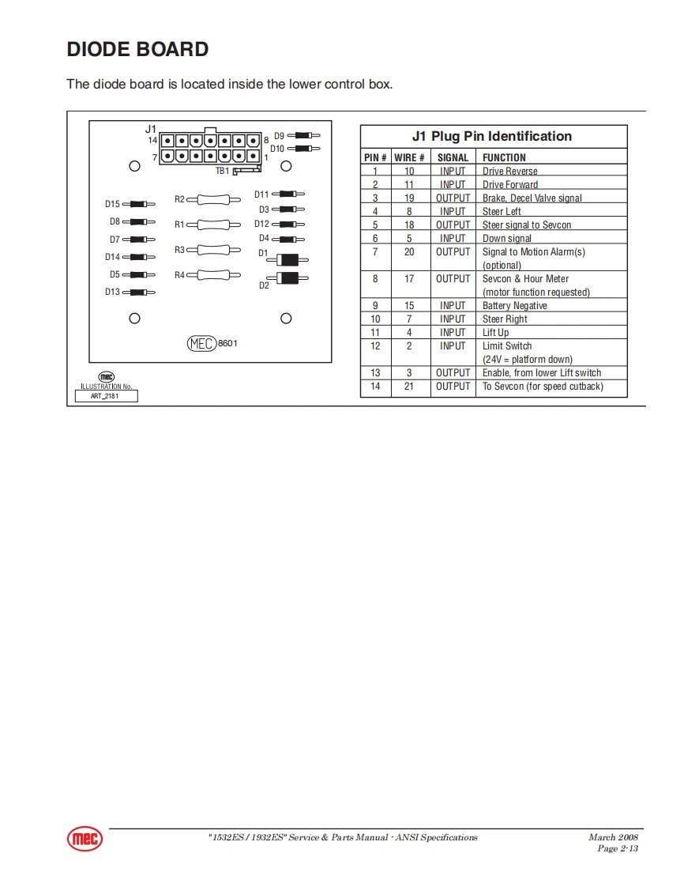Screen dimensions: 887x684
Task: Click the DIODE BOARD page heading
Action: (x=137, y=50)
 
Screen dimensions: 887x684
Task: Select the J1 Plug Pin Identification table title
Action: (x=492, y=137)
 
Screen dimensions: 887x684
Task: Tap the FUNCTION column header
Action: (x=504, y=157)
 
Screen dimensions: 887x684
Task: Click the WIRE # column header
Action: (x=409, y=157)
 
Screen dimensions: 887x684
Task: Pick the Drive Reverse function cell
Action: (x=509, y=171)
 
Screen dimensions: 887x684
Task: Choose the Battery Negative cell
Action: (x=514, y=305)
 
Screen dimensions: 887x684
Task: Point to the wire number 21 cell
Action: (x=409, y=387)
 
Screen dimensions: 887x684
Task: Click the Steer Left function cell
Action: (x=502, y=211)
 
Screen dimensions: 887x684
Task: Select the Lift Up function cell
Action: (x=495, y=333)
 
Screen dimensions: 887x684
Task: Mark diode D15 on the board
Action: (x=138, y=204)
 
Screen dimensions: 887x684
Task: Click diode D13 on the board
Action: (x=138, y=293)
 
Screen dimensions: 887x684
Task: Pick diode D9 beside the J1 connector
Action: (x=303, y=136)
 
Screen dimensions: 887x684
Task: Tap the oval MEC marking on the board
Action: (x=201, y=344)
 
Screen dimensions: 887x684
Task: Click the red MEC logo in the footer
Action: (x=85, y=839)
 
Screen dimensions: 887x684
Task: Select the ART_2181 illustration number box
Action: (x=106, y=396)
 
